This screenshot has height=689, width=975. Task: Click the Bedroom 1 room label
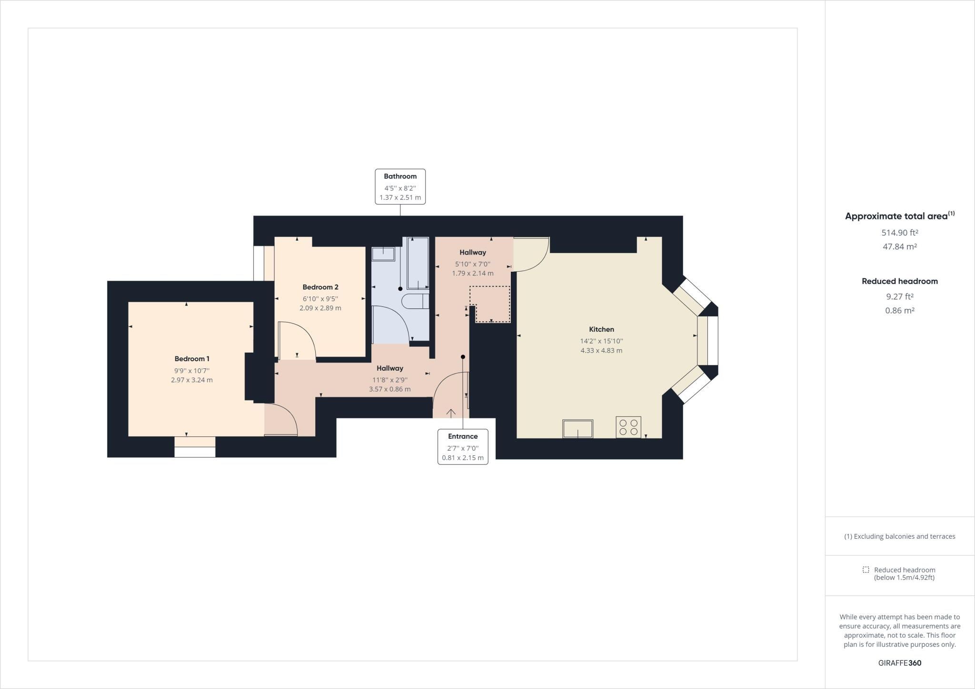tap(192, 359)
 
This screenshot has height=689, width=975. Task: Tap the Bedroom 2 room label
tap(320, 287)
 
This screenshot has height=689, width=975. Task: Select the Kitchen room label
tap(601, 329)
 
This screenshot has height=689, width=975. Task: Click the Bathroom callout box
tap(400, 187)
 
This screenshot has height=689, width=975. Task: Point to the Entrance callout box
tap(463, 447)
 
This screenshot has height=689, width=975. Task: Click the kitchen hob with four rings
tap(628, 427)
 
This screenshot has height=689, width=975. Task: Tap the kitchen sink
tap(577, 428)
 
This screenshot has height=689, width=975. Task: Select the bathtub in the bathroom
tap(418, 263)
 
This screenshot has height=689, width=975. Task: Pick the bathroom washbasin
tap(383, 254)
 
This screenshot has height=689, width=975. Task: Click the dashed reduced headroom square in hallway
tap(490, 305)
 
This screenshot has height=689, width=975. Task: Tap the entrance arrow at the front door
tap(450, 413)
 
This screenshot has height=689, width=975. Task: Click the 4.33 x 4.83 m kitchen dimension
tap(601, 351)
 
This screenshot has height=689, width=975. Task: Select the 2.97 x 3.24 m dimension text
tap(192, 380)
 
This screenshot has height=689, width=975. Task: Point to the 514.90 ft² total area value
tap(900, 233)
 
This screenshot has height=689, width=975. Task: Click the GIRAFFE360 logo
tap(900, 663)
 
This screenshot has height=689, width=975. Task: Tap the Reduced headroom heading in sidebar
tap(900, 281)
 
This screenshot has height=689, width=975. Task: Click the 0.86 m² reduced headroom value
tap(900, 311)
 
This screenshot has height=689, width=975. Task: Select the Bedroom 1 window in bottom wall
tap(195, 447)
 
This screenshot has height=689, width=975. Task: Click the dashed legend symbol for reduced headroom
tap(866, 570)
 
